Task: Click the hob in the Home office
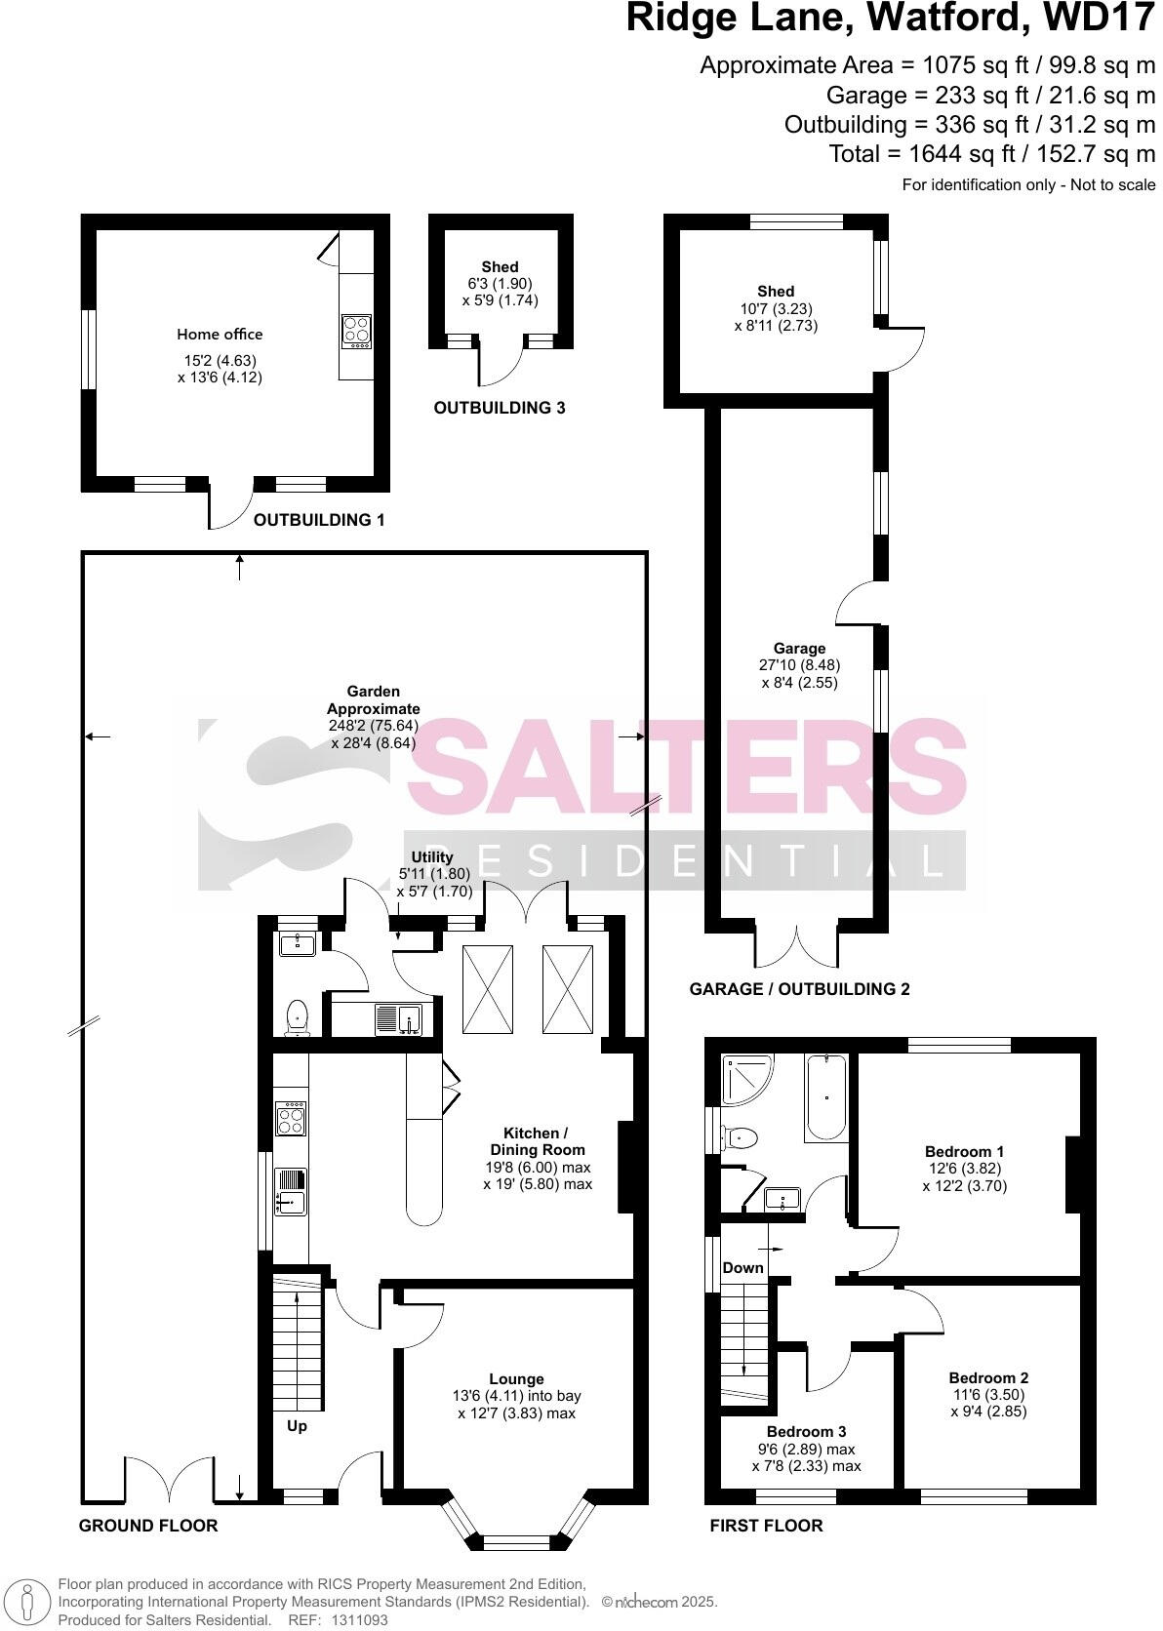355,332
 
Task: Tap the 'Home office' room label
220,334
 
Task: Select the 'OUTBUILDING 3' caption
499,408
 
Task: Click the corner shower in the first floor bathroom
744,1078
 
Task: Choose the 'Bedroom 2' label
988,1377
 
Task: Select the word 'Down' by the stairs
742,1268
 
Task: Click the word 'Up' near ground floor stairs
297,1425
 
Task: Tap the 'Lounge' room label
516,1378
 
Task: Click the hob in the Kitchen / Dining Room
291,1119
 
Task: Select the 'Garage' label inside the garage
799,648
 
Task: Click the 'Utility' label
432,856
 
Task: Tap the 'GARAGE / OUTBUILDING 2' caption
799,988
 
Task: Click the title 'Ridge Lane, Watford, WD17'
890,18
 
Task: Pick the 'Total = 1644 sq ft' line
991,153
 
